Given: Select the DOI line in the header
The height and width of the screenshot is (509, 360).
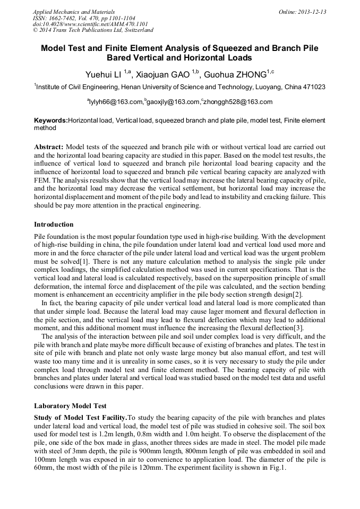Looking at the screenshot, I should (90, 24).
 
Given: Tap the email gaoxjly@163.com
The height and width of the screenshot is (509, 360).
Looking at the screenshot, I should (173, 102).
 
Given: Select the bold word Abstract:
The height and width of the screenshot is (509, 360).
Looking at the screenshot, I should (49, 146).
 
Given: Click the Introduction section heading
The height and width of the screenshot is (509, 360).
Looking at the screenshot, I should (54, 225).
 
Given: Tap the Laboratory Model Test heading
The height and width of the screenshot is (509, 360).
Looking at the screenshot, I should (70, 406).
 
